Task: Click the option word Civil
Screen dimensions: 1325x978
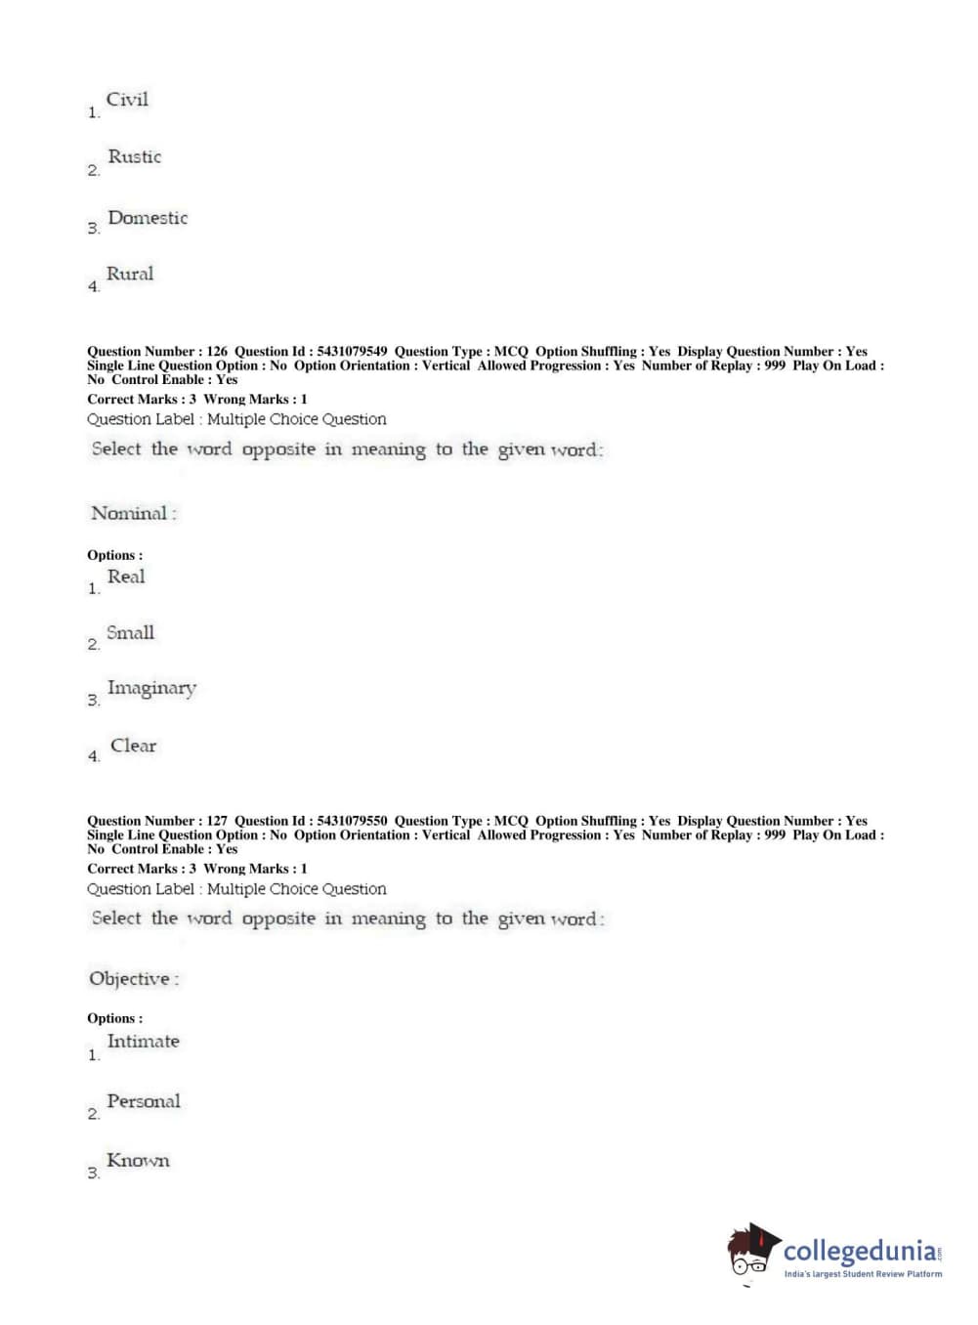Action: (x=127, y=100)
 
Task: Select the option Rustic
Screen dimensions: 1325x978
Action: (x=134, y=156)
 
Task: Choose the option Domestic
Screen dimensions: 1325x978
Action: (x=148, y=218)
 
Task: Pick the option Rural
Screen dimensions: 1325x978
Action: (x=130, y=275)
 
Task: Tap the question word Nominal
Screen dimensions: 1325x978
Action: (x=129, y=513)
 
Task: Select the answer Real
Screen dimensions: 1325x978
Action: (x=126, y=577)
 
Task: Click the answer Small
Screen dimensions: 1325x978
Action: (x=130, y=633)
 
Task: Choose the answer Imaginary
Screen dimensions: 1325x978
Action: (x=151, y=689)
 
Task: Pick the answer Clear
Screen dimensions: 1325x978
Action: (x=133, y=746)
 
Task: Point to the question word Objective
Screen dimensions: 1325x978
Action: (x=129, y=978)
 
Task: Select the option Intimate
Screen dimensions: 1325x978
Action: (x=143, y=1042)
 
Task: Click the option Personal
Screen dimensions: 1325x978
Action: (x=144, y=1101)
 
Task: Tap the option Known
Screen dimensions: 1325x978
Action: (x=138, y=1161)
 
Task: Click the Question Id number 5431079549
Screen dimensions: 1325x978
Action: (x=352, y=351)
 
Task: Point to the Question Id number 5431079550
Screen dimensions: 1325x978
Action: (x=352, y=821)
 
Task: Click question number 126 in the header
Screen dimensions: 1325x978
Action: (x=217, y=351)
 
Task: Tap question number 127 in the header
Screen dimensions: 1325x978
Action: (x=217, y=821)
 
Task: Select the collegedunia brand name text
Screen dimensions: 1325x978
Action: (x=860, y=1251)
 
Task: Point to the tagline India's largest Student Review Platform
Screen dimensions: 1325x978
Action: (x=863, y=1274)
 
